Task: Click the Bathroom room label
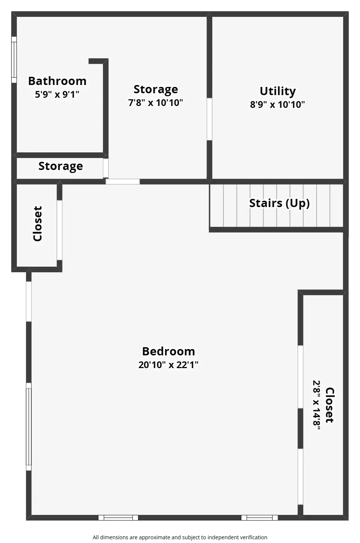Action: point(57,81)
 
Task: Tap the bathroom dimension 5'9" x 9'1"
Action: point(57,94)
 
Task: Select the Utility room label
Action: point(278,91)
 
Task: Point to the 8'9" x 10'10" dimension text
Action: point(277,104)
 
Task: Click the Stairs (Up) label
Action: point(279,203)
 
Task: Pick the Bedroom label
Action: point(168,351)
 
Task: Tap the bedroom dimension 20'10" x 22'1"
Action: point(168,365)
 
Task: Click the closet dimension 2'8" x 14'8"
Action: point(316,405)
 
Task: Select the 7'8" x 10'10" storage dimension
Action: point(156,103)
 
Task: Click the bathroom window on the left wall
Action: point(14,60)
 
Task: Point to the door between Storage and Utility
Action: point(209,119)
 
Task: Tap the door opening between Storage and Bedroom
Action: point(123,182)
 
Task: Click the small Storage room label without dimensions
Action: point(61,166)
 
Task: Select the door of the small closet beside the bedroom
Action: point(60,230)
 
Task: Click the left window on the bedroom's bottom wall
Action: point(118,518)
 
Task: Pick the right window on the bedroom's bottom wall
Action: point(259,518)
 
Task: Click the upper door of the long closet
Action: point(300,377)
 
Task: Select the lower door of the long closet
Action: point(300,477)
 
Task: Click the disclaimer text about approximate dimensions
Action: point(180,537)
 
